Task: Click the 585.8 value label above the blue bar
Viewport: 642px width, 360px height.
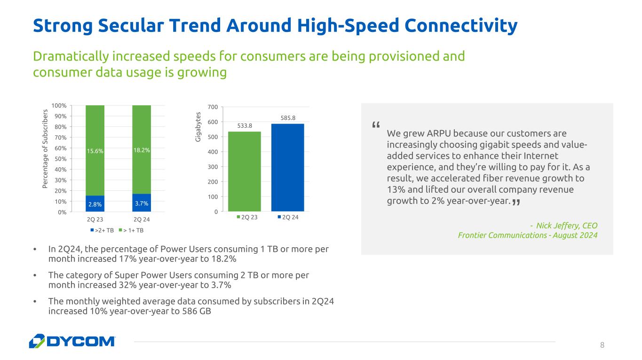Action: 287,118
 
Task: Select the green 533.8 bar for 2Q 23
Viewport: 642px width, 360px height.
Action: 244,172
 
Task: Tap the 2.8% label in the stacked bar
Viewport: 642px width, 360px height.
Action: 95,204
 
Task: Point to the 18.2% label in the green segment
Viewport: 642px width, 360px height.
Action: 142,150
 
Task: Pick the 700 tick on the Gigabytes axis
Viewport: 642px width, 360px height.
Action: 212,107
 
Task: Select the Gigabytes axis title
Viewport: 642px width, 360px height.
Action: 198,126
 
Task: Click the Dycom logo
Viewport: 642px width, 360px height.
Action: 72,341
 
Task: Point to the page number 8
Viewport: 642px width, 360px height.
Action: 602,345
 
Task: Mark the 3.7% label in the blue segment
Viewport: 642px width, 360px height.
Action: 142,203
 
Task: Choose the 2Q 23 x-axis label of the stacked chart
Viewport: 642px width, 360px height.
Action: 95,219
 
